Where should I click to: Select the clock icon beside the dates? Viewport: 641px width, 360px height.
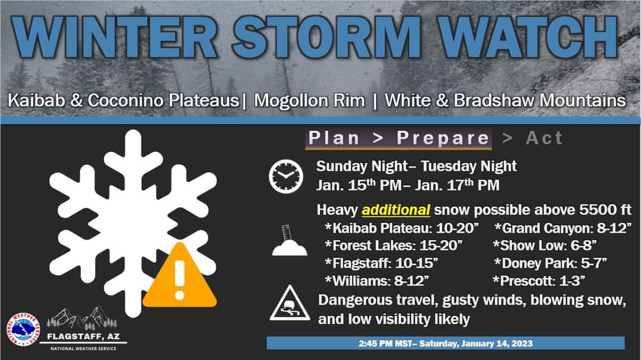(285, 177)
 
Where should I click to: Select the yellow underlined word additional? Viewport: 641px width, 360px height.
(396, 210)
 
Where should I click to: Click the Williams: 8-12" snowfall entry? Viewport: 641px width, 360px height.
(377, 279)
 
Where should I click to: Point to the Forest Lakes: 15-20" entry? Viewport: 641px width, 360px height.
(393, 245)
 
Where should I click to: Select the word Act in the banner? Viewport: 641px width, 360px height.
(544, 138)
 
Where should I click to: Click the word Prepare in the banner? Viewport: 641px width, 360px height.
(443, 138)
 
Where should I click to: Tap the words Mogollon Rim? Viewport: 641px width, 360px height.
(309, 100)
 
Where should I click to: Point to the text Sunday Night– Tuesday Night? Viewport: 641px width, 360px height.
(417, 166)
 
